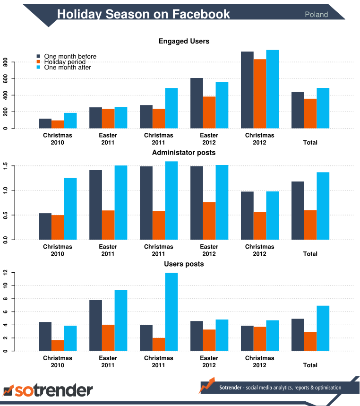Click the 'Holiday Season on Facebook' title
tap(144, 14)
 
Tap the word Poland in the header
tap(316, 15)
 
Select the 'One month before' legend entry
tap(70, 57)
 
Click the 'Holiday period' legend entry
tap(65, 62)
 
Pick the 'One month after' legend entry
tap(68, 67)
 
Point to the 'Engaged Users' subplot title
tap(184, 42)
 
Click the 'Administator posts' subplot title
tap(184, 153)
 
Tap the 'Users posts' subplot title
tap(184, 264)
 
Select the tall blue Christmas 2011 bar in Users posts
tap(171, 312)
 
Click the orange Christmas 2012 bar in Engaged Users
tap(260, 94)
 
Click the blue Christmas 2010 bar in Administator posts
tap(70, 208)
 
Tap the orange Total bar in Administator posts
tap(310, 225)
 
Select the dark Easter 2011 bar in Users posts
tap(95, 326)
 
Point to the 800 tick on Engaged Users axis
tap(6, 62)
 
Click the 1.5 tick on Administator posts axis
tap(6, 166)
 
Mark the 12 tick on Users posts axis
tap(6, 273)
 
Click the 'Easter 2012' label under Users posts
tap(209, 362)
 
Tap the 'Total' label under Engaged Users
tap(310, 142)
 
